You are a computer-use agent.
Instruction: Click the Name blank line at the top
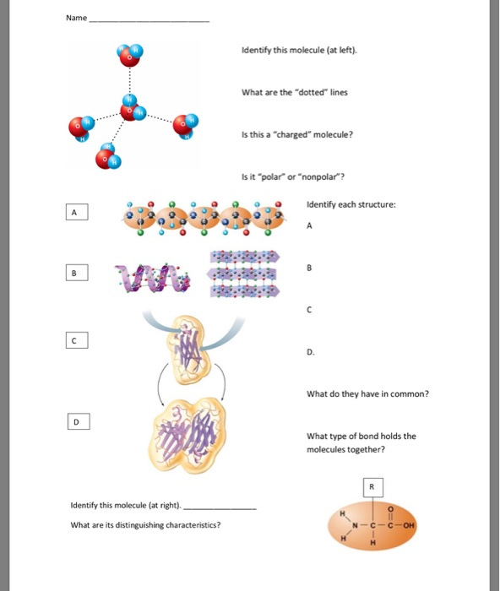[149, 20]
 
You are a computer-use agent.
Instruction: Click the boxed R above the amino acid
[371, 487]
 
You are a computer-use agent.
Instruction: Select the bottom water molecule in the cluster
[111, 156]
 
